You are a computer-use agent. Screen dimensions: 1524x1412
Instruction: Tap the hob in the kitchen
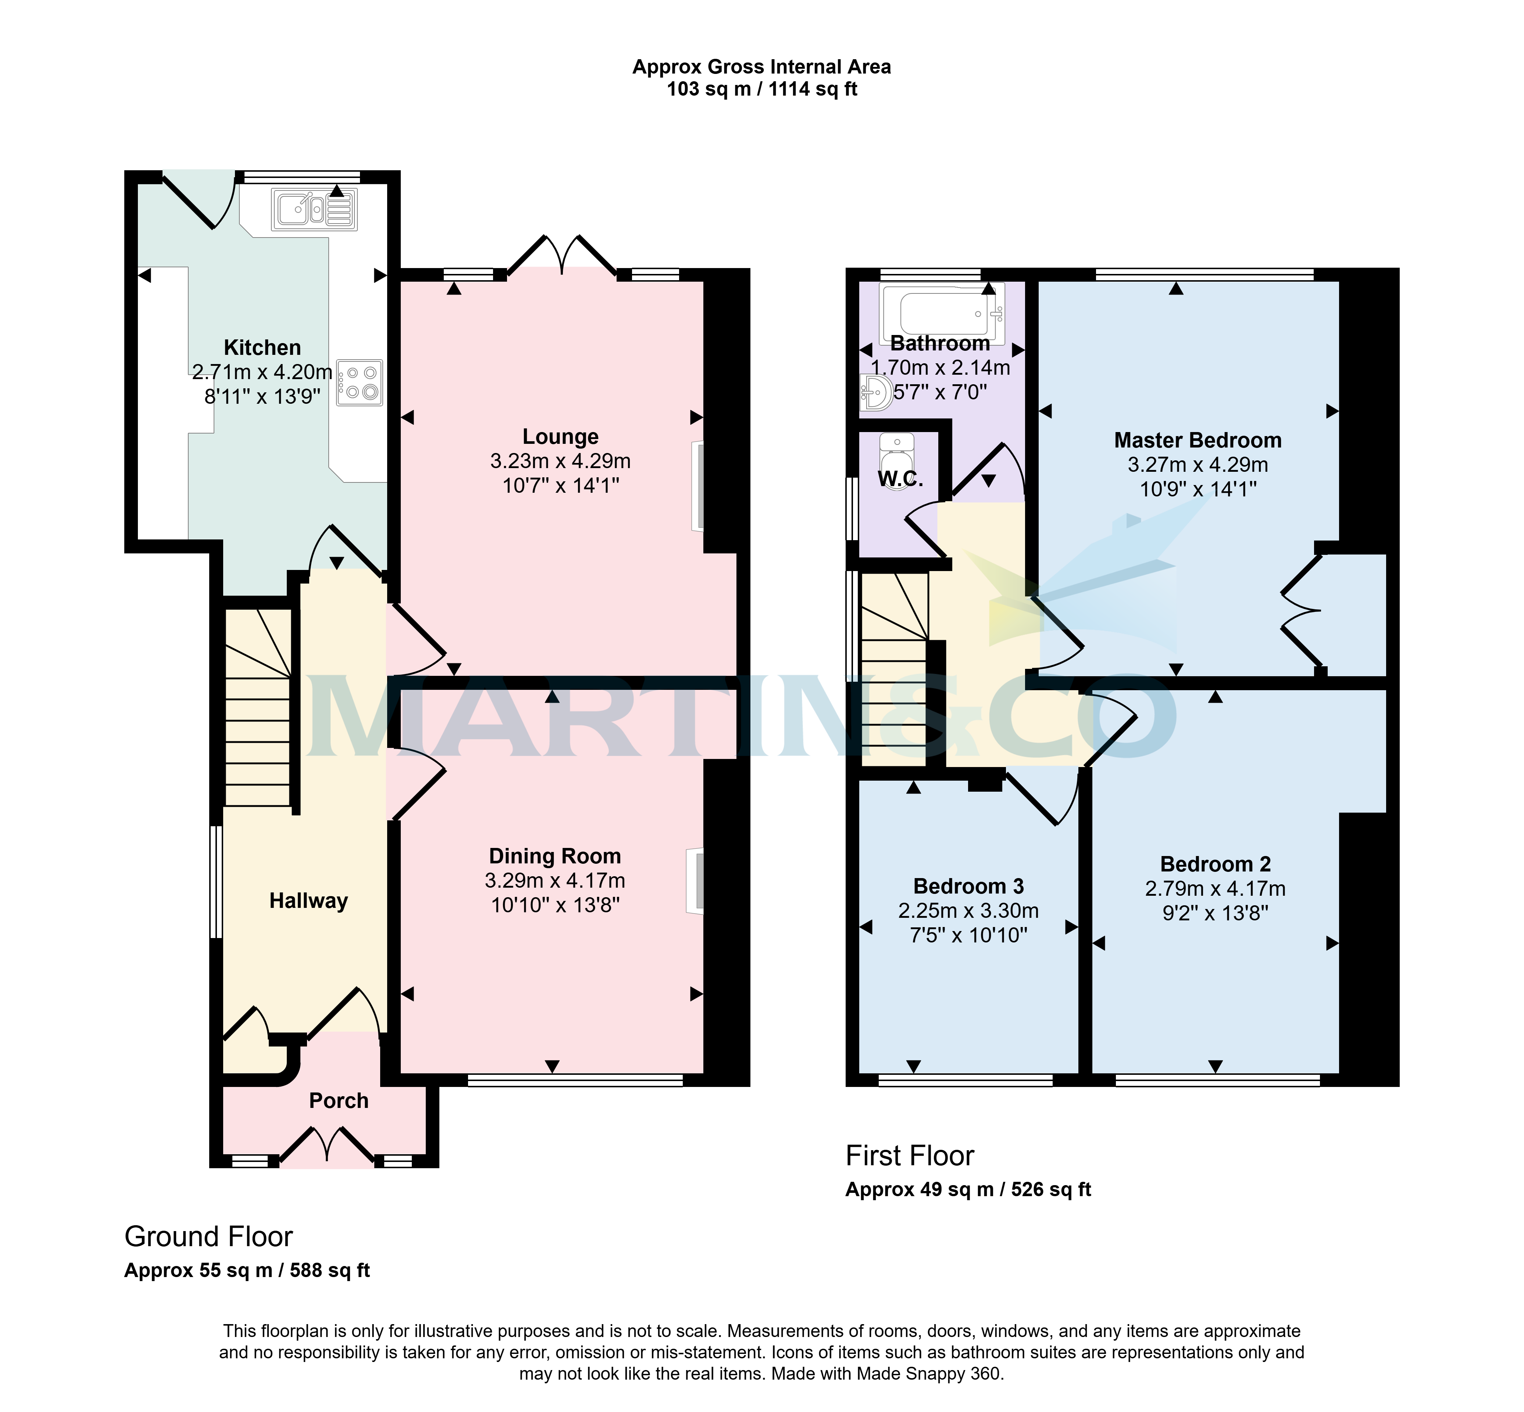coord(359,382)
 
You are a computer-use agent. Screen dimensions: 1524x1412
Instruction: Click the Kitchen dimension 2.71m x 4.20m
coord(262,372)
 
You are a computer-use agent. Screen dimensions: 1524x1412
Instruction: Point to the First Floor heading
coord(910,1156)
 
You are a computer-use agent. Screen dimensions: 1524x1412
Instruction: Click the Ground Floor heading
coord(208,1236)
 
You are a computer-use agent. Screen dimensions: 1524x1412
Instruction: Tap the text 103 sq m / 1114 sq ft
coord(761,89)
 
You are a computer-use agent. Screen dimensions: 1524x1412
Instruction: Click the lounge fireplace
coord(698,485)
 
